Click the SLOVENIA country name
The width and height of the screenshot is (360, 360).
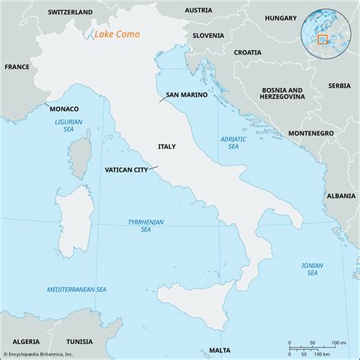[x=208, y=35]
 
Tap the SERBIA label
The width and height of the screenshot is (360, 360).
[x=339, y=86]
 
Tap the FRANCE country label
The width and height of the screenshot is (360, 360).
[x=16, y=67]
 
